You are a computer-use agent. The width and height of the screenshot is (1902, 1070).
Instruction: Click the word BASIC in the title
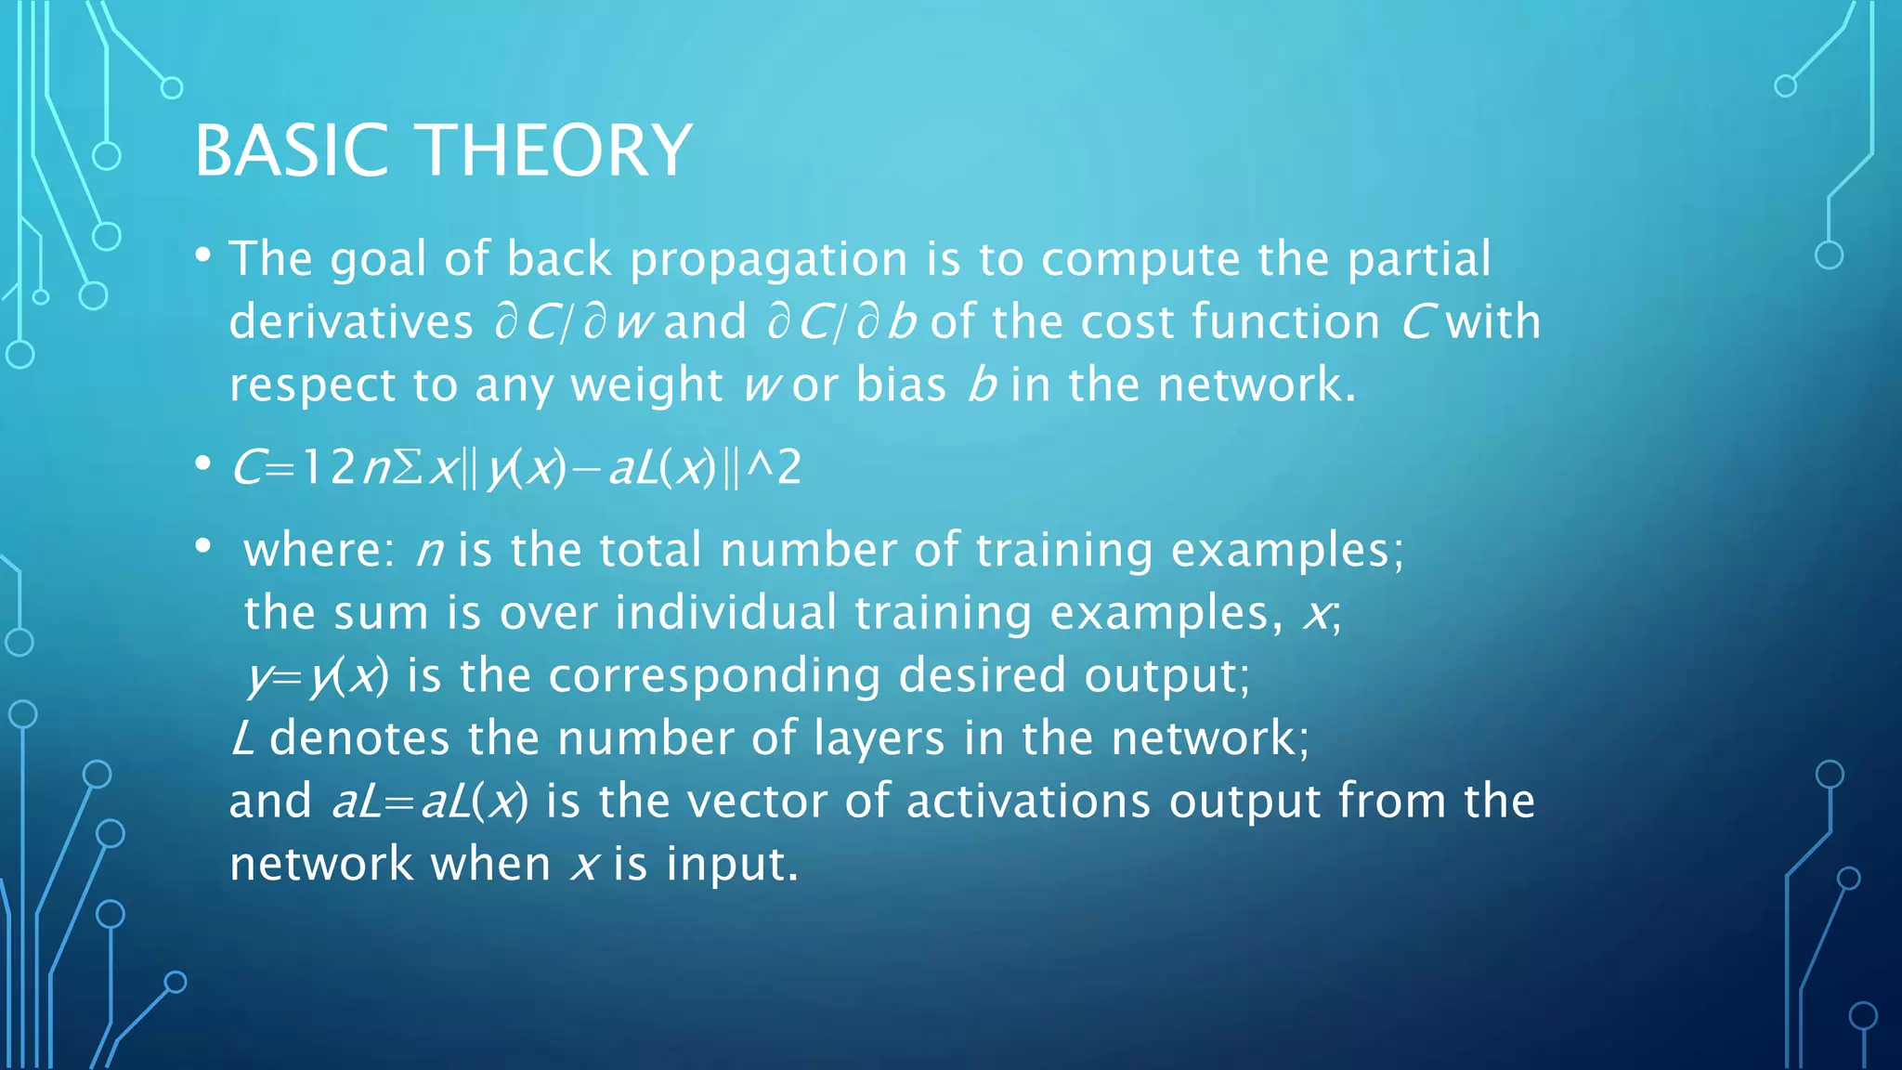pos(291,150)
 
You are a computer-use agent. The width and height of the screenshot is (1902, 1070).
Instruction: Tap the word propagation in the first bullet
pos(769,259)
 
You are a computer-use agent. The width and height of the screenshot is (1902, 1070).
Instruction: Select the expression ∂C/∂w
pos(573,322)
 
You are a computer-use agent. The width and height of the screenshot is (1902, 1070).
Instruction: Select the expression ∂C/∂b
pos(842,322)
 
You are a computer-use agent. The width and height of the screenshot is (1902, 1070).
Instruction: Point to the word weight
pos(646,385)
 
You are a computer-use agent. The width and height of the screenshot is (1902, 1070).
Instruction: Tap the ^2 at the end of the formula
pos(774,467)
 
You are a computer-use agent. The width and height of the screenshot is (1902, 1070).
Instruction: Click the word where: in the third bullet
pos(319,550)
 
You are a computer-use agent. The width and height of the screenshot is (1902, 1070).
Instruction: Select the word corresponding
pos(714,676)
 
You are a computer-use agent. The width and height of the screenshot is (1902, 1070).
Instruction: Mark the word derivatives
pos(351,322)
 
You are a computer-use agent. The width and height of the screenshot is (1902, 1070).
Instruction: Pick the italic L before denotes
pos(242,738)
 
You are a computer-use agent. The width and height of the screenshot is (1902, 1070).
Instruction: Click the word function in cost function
pos(1285,322)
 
